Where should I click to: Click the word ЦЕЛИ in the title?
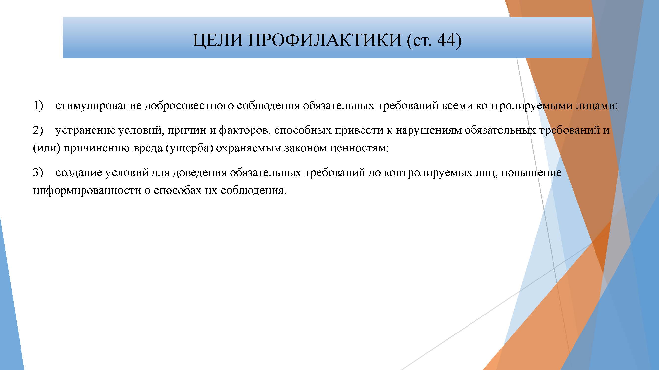[217, 40]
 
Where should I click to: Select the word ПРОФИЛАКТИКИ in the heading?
[324, 40]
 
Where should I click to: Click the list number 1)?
[38, 106]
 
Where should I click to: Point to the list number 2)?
[38, 130]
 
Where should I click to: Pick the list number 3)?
[38, 173]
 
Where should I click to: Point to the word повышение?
[531, 173]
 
